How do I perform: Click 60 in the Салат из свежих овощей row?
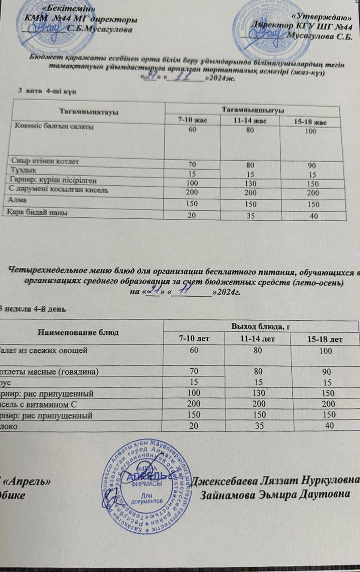click(x=194, y=350)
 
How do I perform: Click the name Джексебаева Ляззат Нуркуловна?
click(x=276, y=481)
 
